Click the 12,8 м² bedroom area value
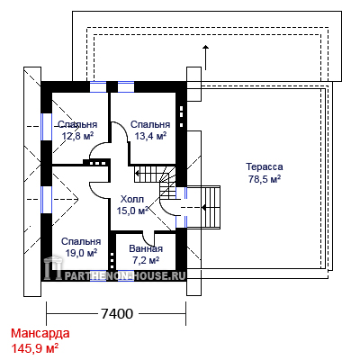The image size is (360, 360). [77, 136]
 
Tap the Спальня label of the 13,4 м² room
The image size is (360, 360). [150, 124]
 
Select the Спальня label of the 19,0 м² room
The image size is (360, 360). [81, 241]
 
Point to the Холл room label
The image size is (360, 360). [132, 199]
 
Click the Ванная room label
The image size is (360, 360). [146, 248]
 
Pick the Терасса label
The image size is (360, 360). [265, 166]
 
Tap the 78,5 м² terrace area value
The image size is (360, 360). [265, 179]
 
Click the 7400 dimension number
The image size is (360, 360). [116, 314]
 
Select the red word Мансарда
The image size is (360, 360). [40, 333]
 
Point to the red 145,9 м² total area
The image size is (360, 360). [35, 348]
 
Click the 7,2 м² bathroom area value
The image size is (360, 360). [146, 260]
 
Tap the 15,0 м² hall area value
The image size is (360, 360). [132, 211]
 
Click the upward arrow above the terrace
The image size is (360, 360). [205, 58]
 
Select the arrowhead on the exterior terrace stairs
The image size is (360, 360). [203, 207]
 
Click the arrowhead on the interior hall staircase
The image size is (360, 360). [137, 173]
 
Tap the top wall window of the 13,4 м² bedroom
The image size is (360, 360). [126, 86]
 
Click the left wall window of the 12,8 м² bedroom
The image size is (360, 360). [47, 127]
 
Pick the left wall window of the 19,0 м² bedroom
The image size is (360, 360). [47, 200]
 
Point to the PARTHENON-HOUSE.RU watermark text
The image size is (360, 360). [124, 275]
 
